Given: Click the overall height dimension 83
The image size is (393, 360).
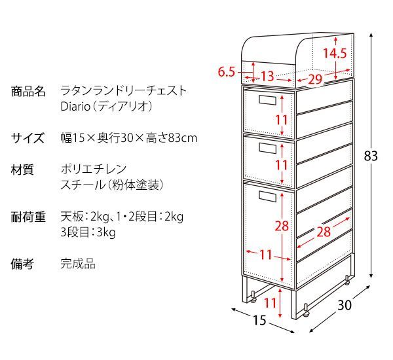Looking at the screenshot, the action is pos(371,156).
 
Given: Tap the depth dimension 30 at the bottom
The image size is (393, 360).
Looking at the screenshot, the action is pos(345,305).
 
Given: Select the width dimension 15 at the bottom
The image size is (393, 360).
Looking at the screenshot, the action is pos(259,320).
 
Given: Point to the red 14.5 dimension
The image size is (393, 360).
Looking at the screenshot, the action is pos(334,54).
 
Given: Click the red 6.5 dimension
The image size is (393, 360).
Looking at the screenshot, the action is pos(226,72).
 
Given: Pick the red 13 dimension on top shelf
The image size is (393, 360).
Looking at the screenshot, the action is pos(267,76).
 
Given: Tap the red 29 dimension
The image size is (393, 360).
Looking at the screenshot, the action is pos(315,79).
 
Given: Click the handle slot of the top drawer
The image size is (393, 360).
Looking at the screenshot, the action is pos(268,100).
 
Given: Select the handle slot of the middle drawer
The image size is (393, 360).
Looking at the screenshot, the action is pos(268,148).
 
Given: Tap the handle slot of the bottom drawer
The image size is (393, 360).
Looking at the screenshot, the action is pos(268,196).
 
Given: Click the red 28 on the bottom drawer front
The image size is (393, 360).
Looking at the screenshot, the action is pos(282,226).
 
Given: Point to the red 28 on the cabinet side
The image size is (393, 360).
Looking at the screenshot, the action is pos(324,232).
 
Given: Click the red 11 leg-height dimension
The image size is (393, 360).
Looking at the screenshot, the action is pos(271,303).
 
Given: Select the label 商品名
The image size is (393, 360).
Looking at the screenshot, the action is pos(28,91).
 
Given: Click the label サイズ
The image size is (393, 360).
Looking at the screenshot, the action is pos(28,138).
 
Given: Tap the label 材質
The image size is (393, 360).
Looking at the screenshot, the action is pos(22,170).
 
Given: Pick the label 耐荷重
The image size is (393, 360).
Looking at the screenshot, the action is pos(28,217).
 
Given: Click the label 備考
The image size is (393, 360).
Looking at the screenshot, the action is pos(22,264).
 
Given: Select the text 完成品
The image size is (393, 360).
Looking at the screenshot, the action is pos(78,264).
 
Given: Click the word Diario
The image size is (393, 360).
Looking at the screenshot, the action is pos(75,107).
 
